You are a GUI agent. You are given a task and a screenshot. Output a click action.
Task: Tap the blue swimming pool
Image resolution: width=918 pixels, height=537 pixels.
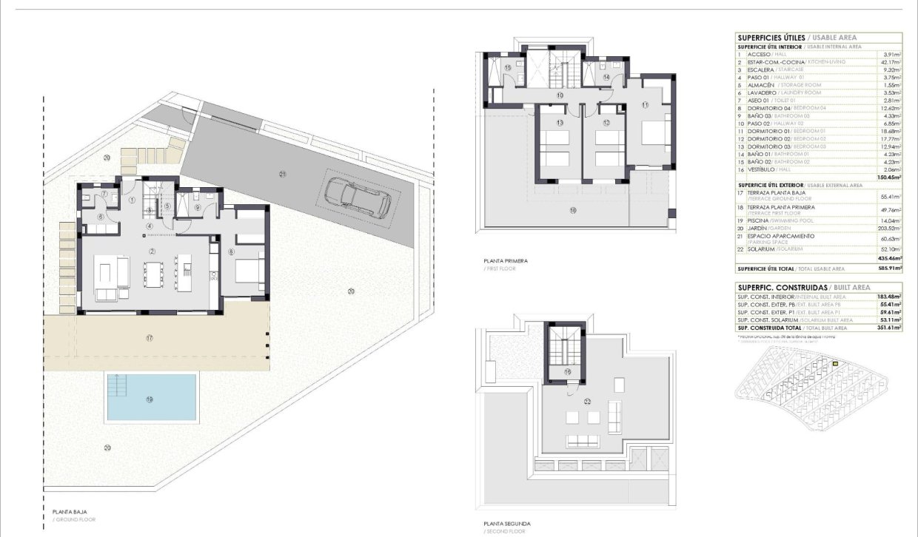point(151,396)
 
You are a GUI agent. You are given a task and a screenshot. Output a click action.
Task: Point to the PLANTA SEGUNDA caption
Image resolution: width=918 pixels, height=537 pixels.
point(506,524)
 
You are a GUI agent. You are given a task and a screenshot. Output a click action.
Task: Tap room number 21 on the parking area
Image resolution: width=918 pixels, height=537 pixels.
point(283,174)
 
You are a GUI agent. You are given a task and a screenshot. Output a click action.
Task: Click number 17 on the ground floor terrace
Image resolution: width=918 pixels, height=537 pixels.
point(150,338)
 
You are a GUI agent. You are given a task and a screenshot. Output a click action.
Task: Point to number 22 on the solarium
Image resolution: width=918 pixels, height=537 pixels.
point(587,402)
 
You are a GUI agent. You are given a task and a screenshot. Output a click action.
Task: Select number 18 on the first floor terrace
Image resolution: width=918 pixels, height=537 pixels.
point(572,211)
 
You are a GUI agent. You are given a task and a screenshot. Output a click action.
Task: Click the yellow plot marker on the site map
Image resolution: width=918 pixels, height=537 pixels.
point(834,364)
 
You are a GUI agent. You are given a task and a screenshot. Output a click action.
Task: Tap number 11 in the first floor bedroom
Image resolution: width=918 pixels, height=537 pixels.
point(645,106)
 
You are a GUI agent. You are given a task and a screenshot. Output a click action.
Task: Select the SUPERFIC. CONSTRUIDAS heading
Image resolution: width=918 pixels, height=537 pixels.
point(770,287)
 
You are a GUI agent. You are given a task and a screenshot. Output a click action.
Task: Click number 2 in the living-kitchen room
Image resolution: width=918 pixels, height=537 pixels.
point(152,251)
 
